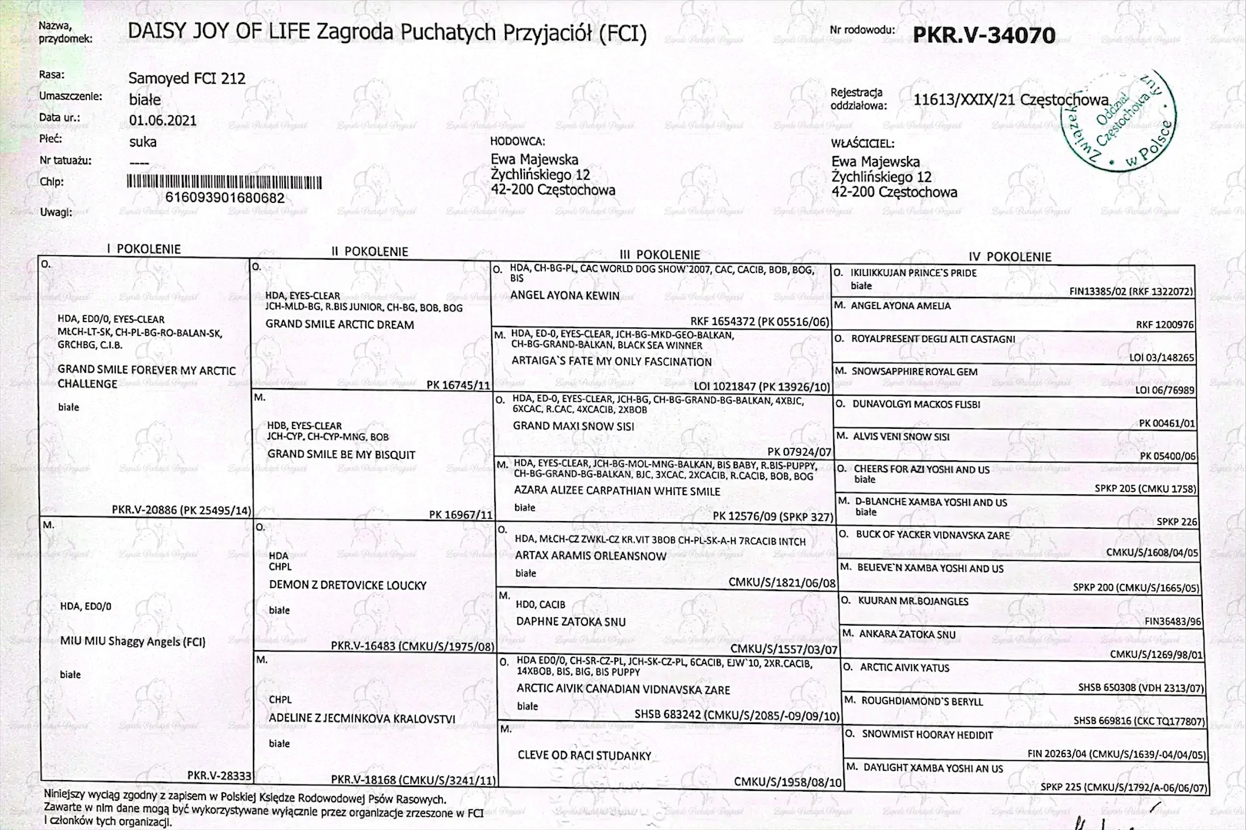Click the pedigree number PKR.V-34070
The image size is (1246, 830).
pyautogui.click(x=984, y=35)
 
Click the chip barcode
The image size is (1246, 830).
pyautogui.click(x=224, y=182)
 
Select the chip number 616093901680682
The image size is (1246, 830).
pyautogui.click(x=224, y=198)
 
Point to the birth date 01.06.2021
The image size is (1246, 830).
pyautogui.click(x=162, y=121)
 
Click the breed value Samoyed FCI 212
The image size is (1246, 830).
pyautogui.click(x=187, y=78)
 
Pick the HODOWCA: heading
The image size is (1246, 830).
pyautogui.click(x=517, y=141)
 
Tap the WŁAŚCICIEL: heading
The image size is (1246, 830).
pyautogui.click(x=862, y=144)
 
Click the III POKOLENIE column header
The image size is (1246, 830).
pyautogui.click(x=660, y=254)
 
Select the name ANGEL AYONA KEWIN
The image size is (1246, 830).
pyautogui.click(x=564, y=295)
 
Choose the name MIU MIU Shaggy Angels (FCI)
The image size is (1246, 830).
pyautogui.click(x=132, y=642)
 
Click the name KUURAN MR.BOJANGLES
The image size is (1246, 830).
pyautogui.click(x=913, y=601)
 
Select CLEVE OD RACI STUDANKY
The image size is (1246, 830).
pyautogui.click(x=584, y=755)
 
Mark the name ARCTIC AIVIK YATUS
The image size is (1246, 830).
pyautogui.click(x=904, y=668)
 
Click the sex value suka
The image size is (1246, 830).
pyautogui.click(x=142, y=142)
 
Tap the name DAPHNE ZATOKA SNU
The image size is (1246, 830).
pyautogui.click(x=570, y=622)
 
